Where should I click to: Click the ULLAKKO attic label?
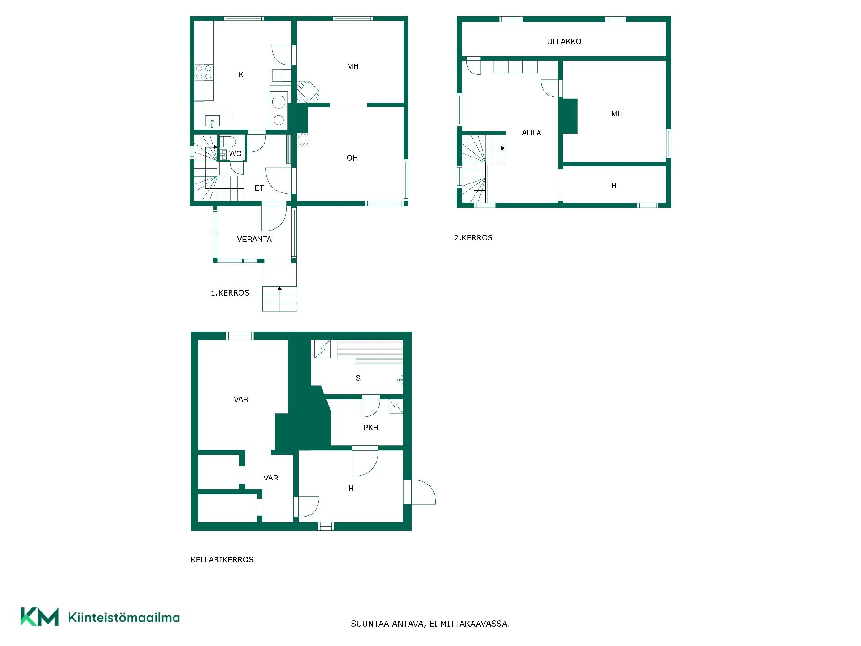564,41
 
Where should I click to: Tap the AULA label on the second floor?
531,133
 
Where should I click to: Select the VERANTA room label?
254,239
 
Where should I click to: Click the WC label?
235,153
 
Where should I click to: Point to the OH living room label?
352,158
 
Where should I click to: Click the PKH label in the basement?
370,428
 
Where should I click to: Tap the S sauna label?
358,378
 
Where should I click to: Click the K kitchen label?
241,74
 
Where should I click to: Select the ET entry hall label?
259,188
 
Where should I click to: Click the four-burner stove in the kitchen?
204,73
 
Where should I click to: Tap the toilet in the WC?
228,142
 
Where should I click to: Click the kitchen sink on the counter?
213,121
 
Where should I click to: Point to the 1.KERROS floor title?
230,293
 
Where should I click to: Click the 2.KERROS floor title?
474,238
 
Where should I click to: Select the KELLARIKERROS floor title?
222,559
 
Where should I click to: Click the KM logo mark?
39,617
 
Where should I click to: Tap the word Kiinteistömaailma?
124,617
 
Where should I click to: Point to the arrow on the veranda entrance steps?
280,288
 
